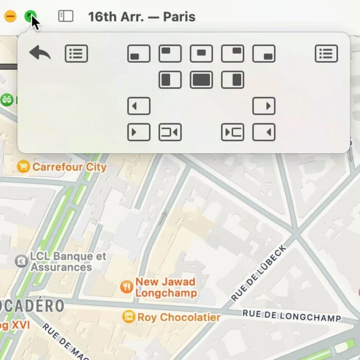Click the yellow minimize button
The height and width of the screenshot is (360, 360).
pyautogui.click(x=10, y=16)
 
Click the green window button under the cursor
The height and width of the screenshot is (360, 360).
pyautogui.click(x=31, y=16)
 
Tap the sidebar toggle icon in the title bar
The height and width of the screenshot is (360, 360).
pyautogui.click(x=65, y=16)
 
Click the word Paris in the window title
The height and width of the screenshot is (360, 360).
pyautogui.click(x=179, y=16)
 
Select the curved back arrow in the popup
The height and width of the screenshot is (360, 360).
pyautogui.click(x=40, y=52)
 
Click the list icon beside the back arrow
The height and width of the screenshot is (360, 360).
pyautogui.click(x=76, y=53)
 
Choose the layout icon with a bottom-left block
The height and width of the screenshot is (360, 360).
pyautogui.click(x=139, y=54)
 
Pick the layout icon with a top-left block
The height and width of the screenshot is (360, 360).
pyautogui.click(x=170, y=53)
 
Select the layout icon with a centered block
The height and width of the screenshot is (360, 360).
pyautogui.click(x=201, y=53)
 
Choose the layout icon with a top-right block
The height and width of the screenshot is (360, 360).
pyautogui.click(x=232, y=53)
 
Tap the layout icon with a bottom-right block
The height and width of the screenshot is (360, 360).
pyautogui.click(x=264, y=54)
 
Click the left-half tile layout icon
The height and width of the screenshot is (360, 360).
pyautogui.click(x=170, y=80)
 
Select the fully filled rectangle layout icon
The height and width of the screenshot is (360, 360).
pyautogui.click(x=201, y=80)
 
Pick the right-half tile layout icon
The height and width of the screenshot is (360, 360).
pyautogui.click(x=232, y=80)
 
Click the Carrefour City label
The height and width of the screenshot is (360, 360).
pyautogui.click(x=69, y=167)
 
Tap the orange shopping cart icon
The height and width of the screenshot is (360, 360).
pyautogui.click(x=23, y=167)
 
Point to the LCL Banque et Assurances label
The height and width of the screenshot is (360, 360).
pyautogui.click(x=68, y=261)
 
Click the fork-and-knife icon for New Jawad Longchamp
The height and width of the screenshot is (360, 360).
pyautogui.click(x=127, y=287)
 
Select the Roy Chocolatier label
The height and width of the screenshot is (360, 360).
pyautogui.click(x=178, y=317)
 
